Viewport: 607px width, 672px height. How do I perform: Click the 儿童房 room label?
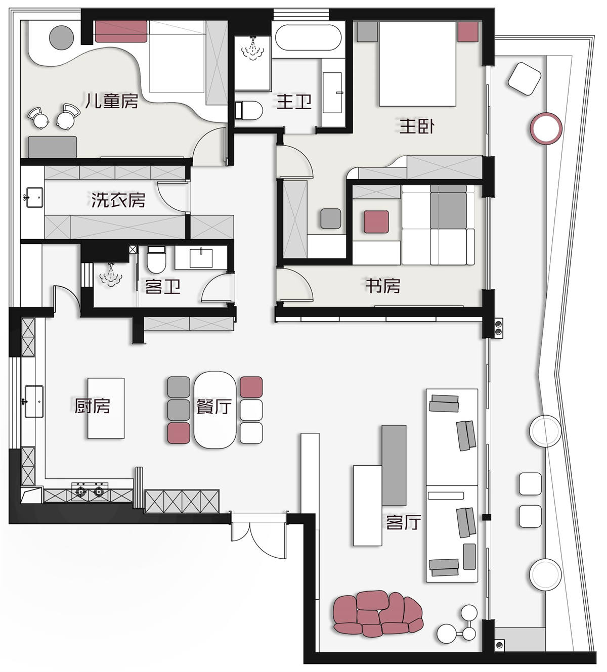112,101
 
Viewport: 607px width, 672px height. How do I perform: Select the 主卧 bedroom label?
417,126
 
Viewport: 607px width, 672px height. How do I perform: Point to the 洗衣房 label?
118,200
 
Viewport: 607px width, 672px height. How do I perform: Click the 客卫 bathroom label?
162,287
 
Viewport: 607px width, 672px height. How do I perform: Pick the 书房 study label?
383,286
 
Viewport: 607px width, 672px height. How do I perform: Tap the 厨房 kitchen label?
92,406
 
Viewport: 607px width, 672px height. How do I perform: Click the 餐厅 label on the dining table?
214,407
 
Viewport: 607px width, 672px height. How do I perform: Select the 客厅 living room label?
403,522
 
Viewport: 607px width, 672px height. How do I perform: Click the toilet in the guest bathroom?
156,260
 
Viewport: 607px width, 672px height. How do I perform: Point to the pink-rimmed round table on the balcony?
546,128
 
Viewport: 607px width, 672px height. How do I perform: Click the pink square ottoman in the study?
376,221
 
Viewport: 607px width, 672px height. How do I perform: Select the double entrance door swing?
258,537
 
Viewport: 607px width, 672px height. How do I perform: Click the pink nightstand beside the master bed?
468,32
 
